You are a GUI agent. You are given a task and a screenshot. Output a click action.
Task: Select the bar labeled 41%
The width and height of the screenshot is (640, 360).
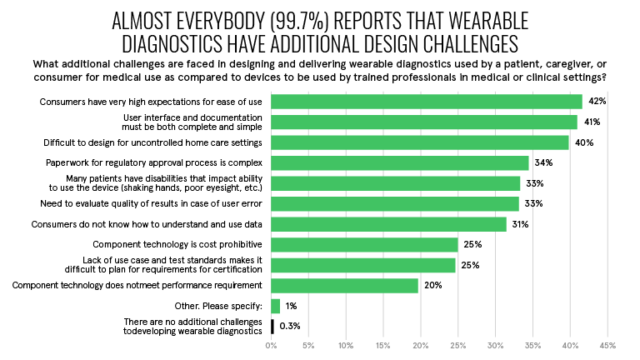424,122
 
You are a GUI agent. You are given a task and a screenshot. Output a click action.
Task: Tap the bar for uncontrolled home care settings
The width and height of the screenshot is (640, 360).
420,142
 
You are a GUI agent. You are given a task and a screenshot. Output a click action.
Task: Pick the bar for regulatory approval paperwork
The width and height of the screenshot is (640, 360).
400,163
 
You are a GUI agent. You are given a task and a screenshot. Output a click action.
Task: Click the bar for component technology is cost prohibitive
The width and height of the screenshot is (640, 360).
365,245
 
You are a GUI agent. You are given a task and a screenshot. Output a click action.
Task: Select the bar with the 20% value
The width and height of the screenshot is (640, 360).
345,286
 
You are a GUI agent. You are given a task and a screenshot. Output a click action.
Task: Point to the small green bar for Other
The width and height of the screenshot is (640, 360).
276,306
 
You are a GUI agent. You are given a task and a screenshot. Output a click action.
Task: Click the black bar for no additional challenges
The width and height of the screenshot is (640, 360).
272,326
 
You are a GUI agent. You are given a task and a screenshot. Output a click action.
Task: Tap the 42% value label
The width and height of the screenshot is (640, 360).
597,102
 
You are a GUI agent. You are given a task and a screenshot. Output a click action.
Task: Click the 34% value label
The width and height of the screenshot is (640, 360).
543,163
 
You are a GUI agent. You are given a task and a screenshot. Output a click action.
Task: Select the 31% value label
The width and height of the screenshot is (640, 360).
521,224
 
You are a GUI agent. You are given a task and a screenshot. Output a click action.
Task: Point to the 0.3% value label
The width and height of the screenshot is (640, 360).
289,326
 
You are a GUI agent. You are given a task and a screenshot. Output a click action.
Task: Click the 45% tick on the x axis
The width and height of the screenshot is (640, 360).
607,345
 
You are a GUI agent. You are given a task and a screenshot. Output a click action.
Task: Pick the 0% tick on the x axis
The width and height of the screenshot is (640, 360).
272,345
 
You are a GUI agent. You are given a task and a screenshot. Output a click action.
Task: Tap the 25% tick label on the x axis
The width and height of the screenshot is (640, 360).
458,345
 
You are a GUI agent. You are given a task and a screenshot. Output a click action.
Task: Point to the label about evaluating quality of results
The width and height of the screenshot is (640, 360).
152,204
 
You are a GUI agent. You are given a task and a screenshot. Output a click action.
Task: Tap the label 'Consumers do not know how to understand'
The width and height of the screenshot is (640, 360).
147,224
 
